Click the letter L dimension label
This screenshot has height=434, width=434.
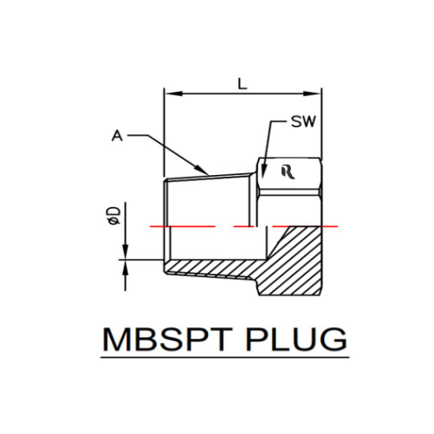coord(243,83)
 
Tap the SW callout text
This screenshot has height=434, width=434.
coord(303,121)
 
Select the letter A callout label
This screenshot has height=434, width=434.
coord(117,136)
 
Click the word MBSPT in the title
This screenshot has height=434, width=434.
coord(167,340)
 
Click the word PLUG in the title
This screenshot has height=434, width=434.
coord(296,340)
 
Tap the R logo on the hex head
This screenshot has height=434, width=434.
coord(288,172)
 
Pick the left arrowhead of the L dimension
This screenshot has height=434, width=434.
coord(173,94)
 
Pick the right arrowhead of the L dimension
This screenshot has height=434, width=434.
coord(312,94)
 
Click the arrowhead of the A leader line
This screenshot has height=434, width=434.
coord(201,170)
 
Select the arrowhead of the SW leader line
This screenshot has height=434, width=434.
coord(263,172)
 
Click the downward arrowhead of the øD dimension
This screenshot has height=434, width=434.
coord(125,252)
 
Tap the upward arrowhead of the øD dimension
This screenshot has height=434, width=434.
coord(125,268)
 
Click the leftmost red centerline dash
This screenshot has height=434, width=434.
coord(182,227)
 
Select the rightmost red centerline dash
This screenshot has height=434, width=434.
coord(305,227)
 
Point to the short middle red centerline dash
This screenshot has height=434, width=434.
coord(243,227)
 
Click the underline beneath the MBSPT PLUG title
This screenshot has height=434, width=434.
coord(225,358)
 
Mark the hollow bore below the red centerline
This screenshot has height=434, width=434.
coord(218,243)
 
